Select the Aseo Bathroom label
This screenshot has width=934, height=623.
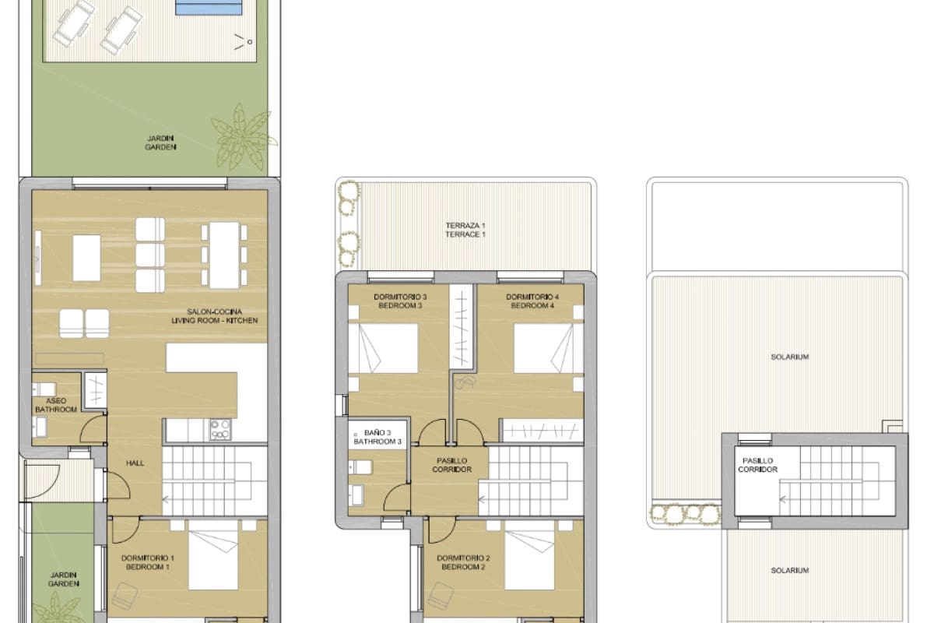click(56, 405)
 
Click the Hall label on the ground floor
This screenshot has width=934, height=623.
click(135, 463)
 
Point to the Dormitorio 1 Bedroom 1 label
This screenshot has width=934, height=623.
click(147, 562)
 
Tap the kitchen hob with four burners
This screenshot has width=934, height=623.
click(220, 429)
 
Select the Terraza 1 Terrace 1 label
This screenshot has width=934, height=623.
click(465, 230)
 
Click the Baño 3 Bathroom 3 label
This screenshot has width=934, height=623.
click(377, 437)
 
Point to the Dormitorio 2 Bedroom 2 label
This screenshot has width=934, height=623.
click(463, 562)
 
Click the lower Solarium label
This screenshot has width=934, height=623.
click(790, 571)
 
